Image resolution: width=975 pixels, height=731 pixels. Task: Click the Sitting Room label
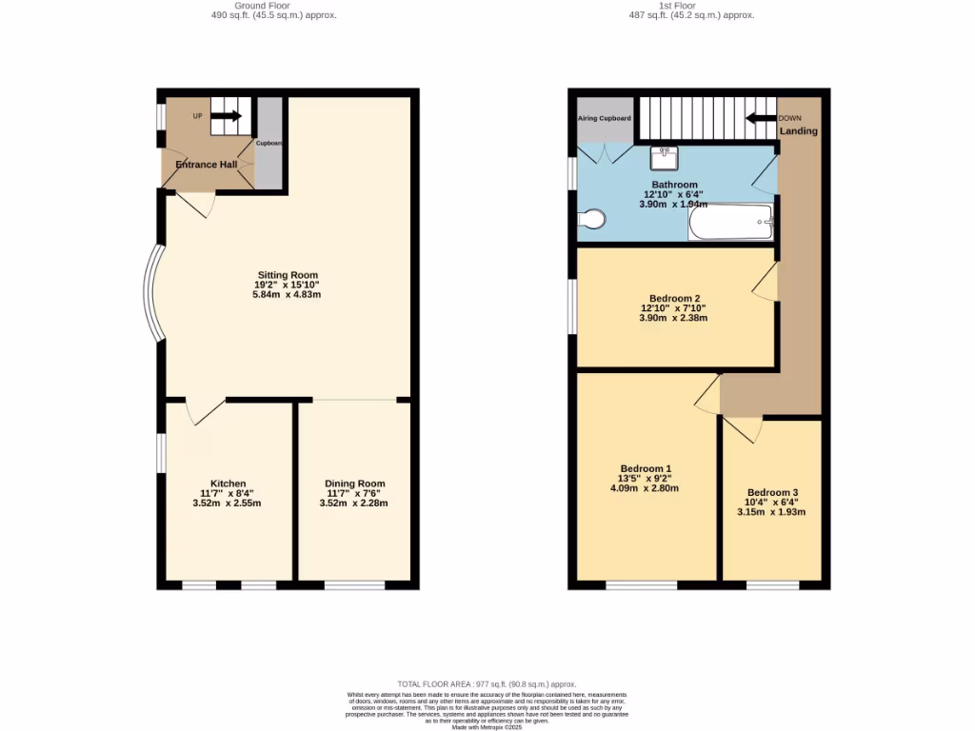click(x=287, y=275)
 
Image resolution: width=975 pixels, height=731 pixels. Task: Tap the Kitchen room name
click(x=229, y=484)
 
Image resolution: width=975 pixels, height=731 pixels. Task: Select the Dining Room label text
click(x=355, y=484)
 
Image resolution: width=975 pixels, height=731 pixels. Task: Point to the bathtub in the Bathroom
click(x=729, y=222)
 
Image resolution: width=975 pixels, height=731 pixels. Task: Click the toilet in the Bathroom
click(x=591, y=220)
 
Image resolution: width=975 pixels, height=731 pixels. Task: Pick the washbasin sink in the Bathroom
click(x=665, y=155)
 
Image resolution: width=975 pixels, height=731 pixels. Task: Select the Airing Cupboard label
click(x=605, y=119)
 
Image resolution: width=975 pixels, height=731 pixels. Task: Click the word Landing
click(x=798, y=131)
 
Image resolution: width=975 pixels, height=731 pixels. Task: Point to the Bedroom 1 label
click(x=646, y=468)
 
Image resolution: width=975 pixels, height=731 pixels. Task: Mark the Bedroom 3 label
click(x=772, y=492)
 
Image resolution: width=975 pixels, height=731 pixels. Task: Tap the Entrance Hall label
click(x=206, y=165)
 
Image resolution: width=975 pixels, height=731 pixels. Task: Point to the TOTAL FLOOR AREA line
click(x=487, y=683)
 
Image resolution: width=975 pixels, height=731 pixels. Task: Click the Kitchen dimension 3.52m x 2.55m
click(x=229, y=504)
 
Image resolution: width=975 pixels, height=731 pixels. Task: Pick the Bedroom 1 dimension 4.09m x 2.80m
click(x=645, y=488)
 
